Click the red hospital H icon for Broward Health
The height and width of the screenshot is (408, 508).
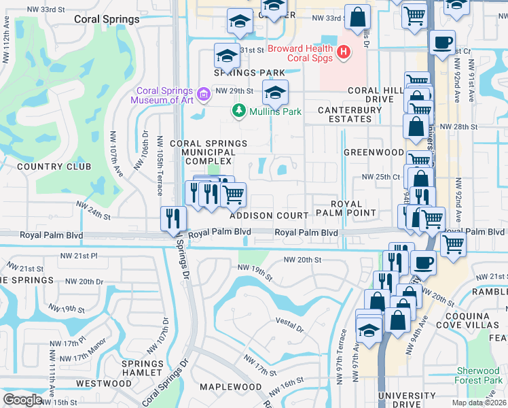point(344,51)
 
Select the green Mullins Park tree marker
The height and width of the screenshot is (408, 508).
point(238,110)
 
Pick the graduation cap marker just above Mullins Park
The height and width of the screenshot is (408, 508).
point(275,92)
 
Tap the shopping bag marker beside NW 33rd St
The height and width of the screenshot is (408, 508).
point(357,18)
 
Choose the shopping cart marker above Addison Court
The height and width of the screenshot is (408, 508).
point(234,194)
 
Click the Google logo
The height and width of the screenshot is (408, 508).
point(22,399)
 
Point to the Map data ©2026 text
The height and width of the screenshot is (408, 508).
point(478,403)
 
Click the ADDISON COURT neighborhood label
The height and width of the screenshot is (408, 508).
point(269,215)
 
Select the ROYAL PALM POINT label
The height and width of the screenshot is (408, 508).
point(353,208)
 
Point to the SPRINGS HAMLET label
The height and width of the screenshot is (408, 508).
point(142,368)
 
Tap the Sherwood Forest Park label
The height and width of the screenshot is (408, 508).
point(479,376)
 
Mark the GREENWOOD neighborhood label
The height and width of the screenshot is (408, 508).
point(374,152)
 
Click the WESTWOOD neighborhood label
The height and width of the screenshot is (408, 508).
point(104,384)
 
